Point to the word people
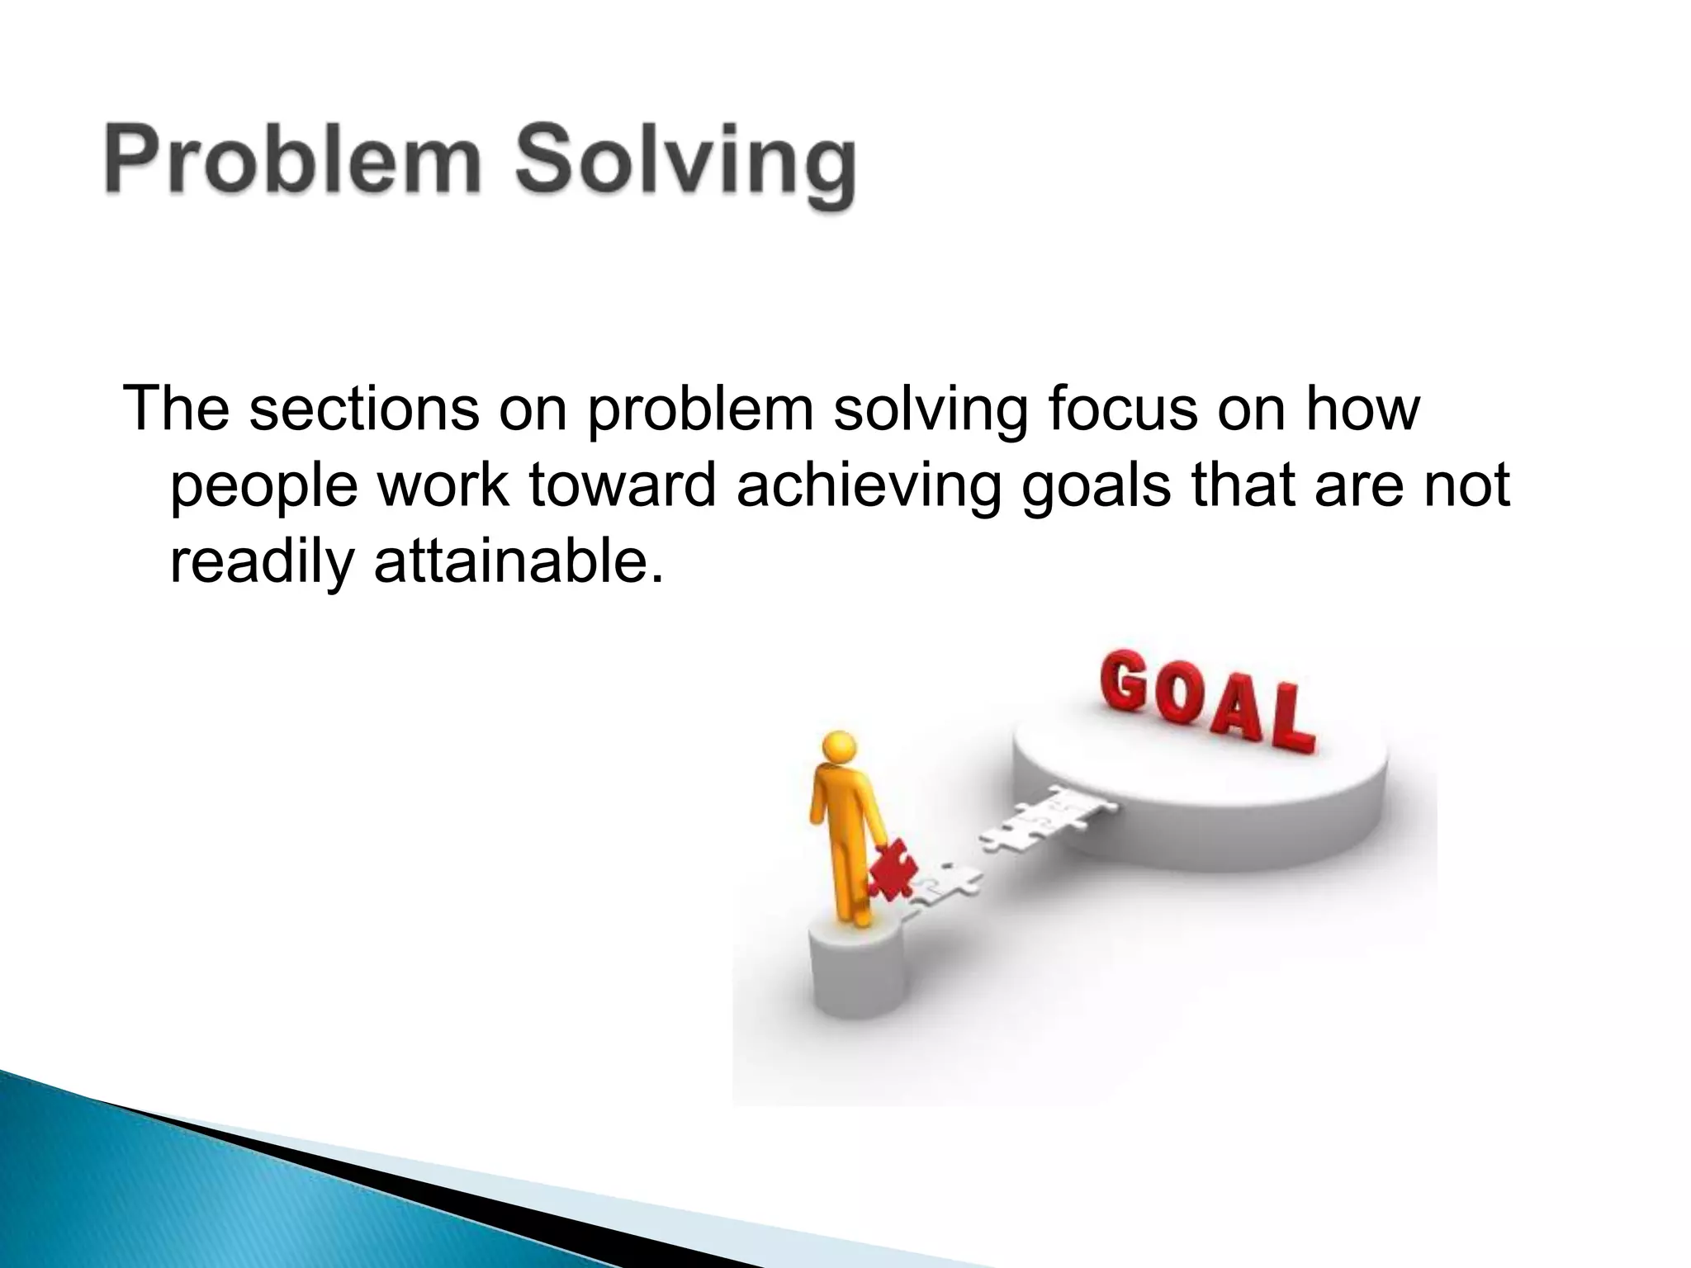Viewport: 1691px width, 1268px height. (264, 487)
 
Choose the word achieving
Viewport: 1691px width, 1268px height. (868, 487)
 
